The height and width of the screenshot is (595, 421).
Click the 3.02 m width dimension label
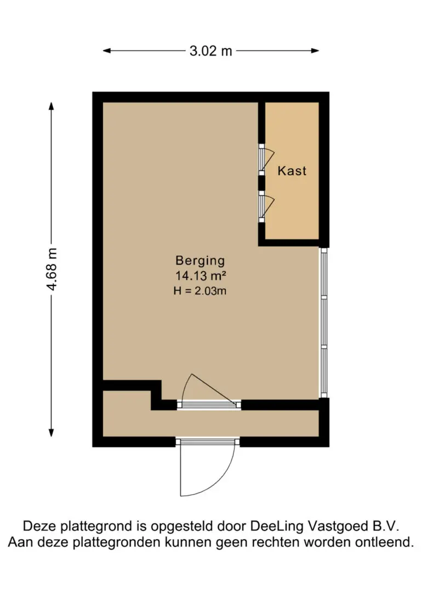210,51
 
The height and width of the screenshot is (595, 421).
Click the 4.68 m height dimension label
52,270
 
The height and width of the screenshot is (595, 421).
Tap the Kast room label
292,170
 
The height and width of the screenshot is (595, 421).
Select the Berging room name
200,260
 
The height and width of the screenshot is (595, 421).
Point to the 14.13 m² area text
200,276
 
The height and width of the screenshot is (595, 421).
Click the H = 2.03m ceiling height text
200,291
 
